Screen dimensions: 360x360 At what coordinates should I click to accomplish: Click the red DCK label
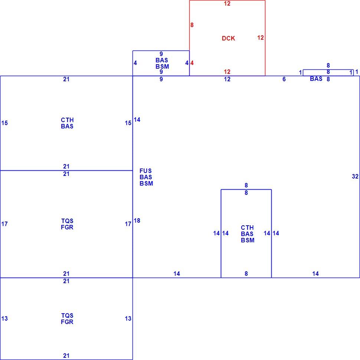click(x=228, y=38)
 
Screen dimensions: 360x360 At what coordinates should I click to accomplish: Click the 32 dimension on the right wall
click(x=355, y=176)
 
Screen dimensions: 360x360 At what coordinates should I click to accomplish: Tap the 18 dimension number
click(x=137, y=220)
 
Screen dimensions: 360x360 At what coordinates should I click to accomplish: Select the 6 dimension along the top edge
click(x=284, y=79)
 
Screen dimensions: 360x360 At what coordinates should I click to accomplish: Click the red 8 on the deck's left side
click(x=192, y=25)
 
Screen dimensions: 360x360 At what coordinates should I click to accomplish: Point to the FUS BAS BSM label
click(x=146, y=177)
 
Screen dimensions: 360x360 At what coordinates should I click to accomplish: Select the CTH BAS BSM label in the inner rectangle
click(x=248, y=234)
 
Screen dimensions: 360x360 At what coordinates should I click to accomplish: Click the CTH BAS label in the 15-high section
click(x=67, y=123)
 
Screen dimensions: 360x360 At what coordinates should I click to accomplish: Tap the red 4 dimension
click(x=192, y=63)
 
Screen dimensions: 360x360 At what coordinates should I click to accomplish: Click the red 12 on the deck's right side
click(x=261, y=37)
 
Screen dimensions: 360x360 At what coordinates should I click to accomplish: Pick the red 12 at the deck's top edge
click(x=227, y=3)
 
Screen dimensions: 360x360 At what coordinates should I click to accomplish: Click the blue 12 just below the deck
click(x=227, y=79)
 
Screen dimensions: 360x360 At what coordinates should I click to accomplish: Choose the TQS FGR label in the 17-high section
click(x=67, y=224)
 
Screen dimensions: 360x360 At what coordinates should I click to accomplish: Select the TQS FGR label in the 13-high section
click(x=67, y=319)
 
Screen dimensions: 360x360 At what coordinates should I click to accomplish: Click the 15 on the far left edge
click(x=4, y=123)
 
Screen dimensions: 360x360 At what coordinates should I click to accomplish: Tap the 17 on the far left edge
click(x=4, y=224)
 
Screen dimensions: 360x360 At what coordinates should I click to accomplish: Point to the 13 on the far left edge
click(x=4, y=318)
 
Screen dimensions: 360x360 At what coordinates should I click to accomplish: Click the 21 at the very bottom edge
click(x=66, y=356)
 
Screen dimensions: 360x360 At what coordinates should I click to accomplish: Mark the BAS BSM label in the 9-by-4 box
click(x=162, y=63)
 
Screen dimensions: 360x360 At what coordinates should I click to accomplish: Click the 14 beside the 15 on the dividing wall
click(x=137, y=120)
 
